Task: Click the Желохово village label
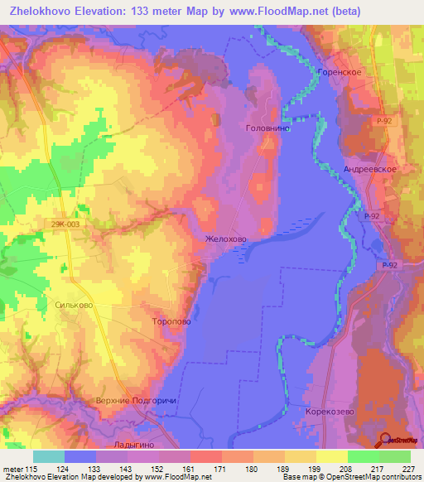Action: click(225, 239)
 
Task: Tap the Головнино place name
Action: click(267, 128)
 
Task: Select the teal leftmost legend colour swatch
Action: click(49, 457)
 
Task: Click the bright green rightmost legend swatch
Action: click(394, 457)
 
